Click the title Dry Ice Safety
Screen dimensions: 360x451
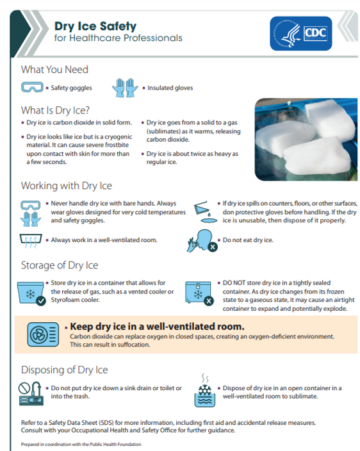[x=95, y=26]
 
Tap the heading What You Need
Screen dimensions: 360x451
[x=54, y=69]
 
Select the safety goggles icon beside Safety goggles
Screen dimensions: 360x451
[x=33, y=88]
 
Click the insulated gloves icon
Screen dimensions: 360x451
[x=124, y=88]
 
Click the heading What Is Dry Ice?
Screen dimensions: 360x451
[x=55, y=110]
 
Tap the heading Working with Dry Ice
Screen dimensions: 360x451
[x=67, y=186]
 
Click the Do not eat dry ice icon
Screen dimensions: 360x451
[x=202, y=241]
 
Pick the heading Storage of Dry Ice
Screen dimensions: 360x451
[x=60, y=265]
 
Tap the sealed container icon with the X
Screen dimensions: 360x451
[x=199, y=292]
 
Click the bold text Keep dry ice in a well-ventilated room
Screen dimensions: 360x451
[x=157, y=326]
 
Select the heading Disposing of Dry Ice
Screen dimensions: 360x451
[x=65, y=370]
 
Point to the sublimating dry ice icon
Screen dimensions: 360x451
[x=206, y=391]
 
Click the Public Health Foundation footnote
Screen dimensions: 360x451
[x=81, y=444]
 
